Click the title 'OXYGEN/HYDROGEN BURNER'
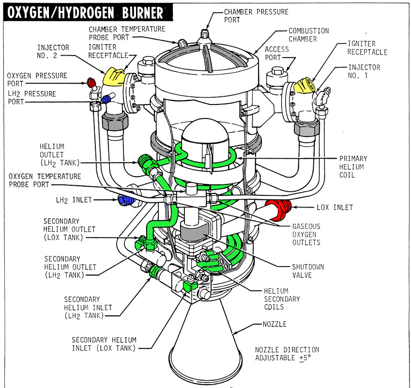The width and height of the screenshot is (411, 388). click(83, 12)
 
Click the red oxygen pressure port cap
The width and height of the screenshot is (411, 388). click(90, 81)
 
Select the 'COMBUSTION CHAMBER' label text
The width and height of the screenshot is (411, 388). click(308, 35)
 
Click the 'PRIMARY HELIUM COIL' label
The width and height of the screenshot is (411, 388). click(353, 166)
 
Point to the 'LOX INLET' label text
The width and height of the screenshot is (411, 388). click(335, 208)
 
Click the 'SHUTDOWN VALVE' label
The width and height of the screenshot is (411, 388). click(307, 271)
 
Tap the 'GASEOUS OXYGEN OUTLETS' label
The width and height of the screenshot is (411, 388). click(306, 235)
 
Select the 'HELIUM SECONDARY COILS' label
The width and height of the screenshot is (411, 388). click(282, 299)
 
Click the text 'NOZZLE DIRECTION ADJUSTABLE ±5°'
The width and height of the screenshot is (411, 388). click(287, 354)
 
